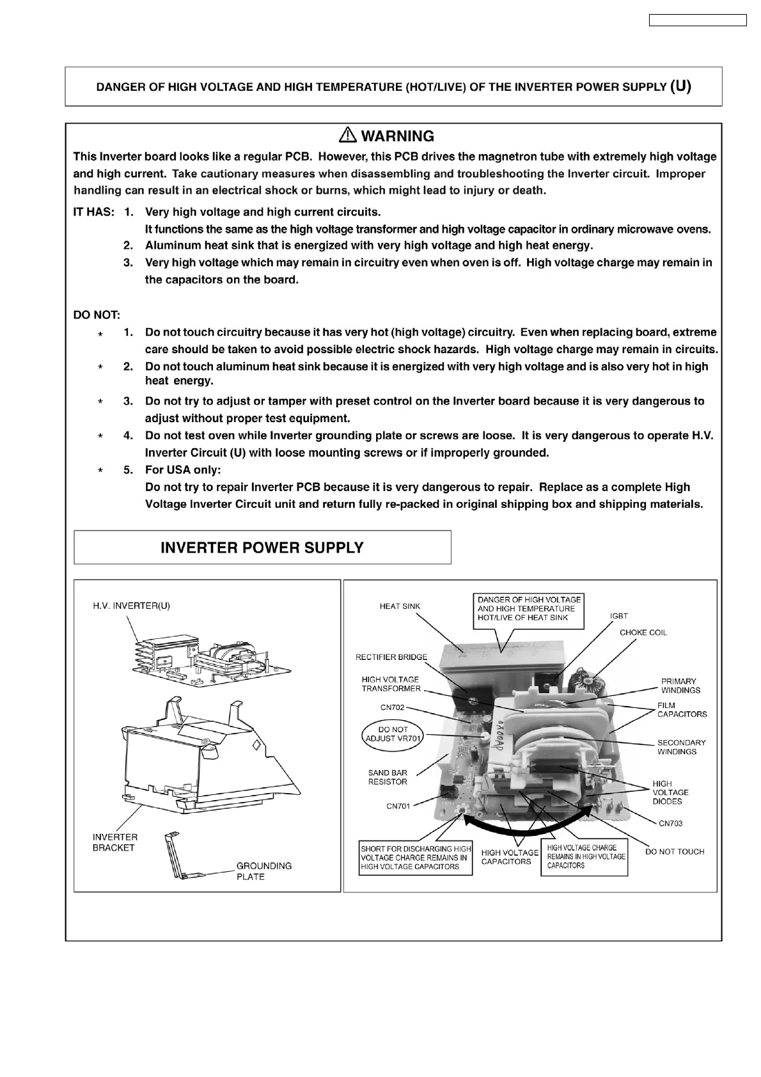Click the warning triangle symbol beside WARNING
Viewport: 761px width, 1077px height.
click(x=348, y=135)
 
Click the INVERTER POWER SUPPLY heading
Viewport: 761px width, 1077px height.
click(x=262, y=547)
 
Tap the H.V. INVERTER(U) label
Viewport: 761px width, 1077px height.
click(x=131, y=605)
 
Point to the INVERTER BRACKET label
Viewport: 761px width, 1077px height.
click(x=114, y=842)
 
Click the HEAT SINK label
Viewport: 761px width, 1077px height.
click(x=400, y=606)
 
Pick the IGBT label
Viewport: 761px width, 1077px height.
click(x=618, y=616)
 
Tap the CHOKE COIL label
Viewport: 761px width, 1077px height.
click(x=643, y=633)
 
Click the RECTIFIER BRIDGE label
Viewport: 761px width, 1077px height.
click(x=391, y=657)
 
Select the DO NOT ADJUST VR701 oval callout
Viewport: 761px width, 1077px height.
click(x=393, y=734)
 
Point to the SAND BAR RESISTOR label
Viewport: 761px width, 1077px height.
click(x=388, y=777)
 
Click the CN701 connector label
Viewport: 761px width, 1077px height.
click(x=398, y=806)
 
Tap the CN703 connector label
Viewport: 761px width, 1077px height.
click(x=670, y=823)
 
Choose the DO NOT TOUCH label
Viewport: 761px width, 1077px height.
click(x=674, y=851)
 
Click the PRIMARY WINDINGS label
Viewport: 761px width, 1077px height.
click(x=680, y=686)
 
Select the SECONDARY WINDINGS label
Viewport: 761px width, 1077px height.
click(x=681, y=747)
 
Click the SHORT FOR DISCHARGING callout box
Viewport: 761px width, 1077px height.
click(x=416, y=858)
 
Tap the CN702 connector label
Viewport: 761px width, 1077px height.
click(x=392, y=708)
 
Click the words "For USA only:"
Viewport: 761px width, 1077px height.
click(x=183, y=470)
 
